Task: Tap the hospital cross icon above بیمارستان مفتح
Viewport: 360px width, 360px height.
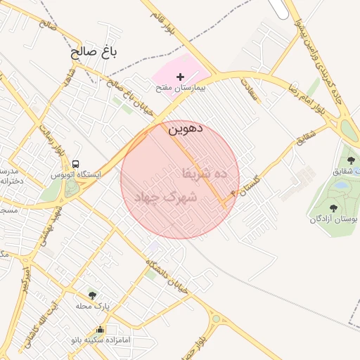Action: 181,77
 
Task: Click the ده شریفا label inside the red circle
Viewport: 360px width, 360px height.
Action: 205,172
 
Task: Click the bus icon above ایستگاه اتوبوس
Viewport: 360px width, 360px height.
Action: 75,163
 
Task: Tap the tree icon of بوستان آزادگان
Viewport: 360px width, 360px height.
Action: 331,207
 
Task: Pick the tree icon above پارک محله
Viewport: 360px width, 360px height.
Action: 92,295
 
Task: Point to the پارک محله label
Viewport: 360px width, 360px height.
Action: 93,306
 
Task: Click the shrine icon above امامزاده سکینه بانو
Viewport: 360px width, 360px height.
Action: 100,329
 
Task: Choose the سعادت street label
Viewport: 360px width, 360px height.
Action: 251,91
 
